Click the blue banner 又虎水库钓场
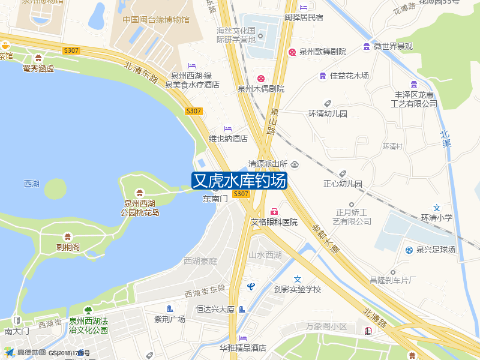click(x=239, y=181)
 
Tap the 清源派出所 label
click(x=268, y=164)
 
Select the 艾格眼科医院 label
click(x=274, y=222)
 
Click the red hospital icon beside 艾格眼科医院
click(x=274, y=212)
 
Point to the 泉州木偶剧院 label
click(x=260, y=89)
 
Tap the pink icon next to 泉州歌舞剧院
click(x=292, y=52)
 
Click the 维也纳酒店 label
click(x=228, y=139)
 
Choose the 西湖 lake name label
click(x=31, y=184)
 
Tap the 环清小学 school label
click(x=437, y=218)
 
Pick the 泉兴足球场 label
click(x=436, y=250)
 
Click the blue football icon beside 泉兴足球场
click(x=409, y=250)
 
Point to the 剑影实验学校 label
click(x=298, y=289)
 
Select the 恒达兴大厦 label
click(x=215, y=310)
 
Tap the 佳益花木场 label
click(x=349, y=76)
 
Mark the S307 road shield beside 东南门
click(x=241, y=194)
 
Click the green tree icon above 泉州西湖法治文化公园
click(x=88, y=310)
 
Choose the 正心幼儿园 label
click(x=343, y=184)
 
